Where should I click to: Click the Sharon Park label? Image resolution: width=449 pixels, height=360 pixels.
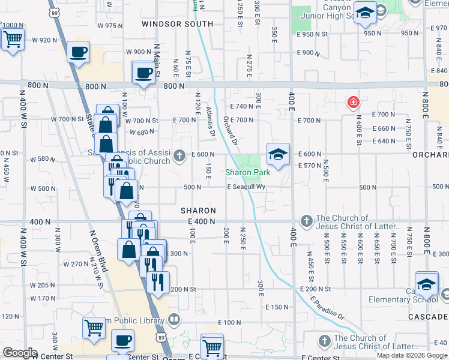pyautogui.click(x=247, y=172)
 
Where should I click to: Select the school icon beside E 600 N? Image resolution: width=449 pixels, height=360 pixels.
pyautogui.click(x=278, y=155)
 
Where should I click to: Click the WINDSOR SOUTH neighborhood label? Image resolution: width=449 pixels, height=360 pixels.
pyautogui.click(x=177, y=24)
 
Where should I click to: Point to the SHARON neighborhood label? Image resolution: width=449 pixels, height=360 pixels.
pyautogui.click(x=198, y=211)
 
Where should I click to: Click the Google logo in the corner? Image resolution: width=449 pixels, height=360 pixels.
pyautogui.click(x=19, y=353)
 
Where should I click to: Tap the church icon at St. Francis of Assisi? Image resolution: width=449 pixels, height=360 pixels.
pyautogui.click(x=179, y=156)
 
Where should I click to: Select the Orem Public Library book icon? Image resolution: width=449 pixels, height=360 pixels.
pyautogui.click(x=174, y=319)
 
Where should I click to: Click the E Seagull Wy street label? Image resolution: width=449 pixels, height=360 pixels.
pyautogui.click(x=246, y=187)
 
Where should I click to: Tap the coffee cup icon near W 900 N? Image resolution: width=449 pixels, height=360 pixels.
pyautogui.click(x=78, y=52)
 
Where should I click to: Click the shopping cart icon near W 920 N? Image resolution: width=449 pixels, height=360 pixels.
pyautogui.click(x=12, y=40)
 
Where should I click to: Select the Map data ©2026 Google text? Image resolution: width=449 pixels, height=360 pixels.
pyautogui.click(x=412, y=355)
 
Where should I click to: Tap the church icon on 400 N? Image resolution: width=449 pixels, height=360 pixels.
pyautogui.click(x=307, y=221)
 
